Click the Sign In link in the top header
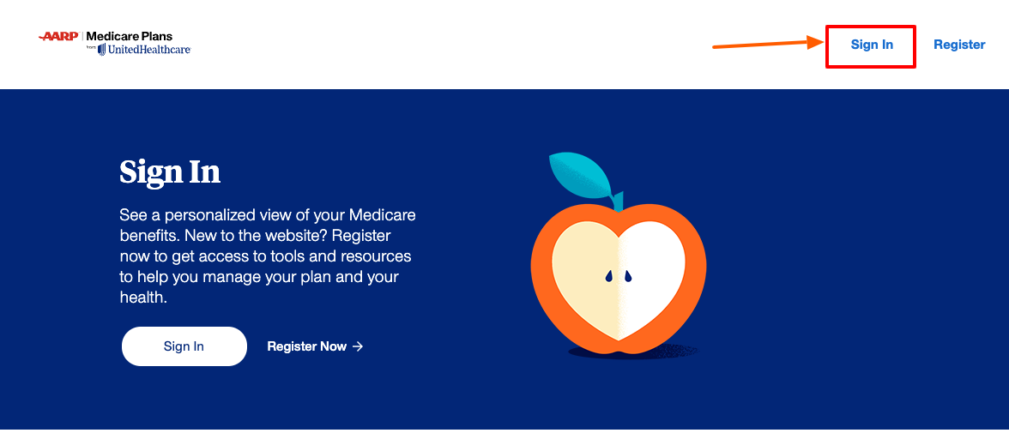click(x=872, y=45)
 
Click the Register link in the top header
click(x=959, y=45)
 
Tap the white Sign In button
click(x=184, y=346)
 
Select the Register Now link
click(x=306, y=346)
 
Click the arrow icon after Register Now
click(x=358, y=346)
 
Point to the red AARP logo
click(x=59, y=36)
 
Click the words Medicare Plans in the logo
click(x=130, y=37)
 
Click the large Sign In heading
click(x=170, y=171)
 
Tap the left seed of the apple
click(x=608, y=276)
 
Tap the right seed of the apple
click(x=627, y=276)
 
